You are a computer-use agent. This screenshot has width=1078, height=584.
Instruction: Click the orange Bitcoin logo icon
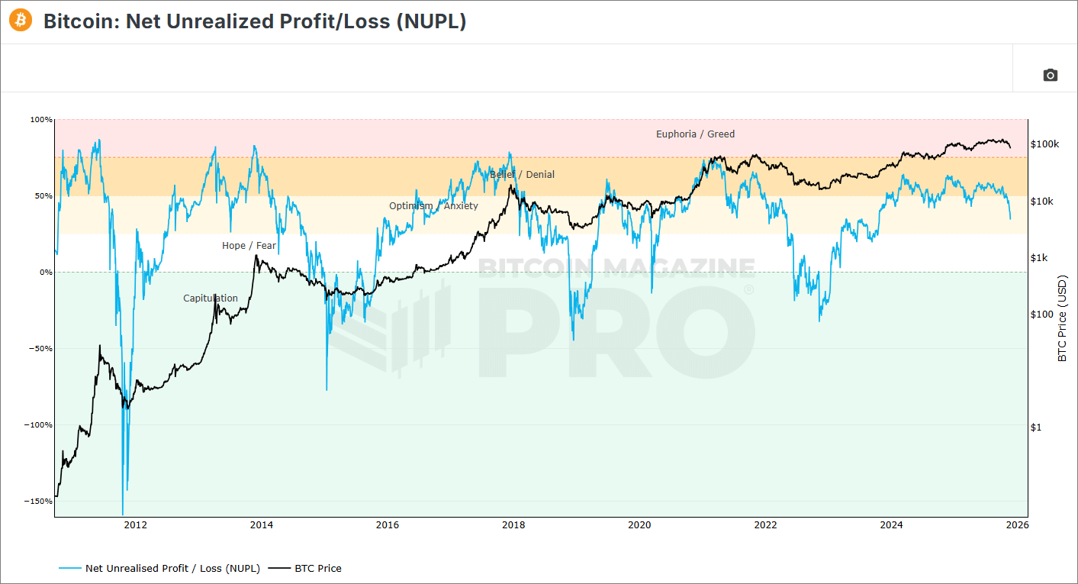tap(21, 21)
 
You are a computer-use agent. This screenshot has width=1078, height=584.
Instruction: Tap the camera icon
tap(1051, 75)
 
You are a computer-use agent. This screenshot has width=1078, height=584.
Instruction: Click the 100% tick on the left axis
tap(42, 120)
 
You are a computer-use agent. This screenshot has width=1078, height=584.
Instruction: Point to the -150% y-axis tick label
tap(40, 502)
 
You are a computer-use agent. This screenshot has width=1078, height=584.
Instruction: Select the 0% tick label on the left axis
tap(46, 273)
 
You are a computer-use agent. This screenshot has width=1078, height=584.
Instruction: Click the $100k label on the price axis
tap(1044, 144)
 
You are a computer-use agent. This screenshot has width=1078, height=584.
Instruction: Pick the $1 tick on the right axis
tap(1035, 428)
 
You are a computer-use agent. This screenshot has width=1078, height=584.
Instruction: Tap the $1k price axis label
tap(1039, 258)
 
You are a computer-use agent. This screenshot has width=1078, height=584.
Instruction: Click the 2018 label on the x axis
tap(513, 525)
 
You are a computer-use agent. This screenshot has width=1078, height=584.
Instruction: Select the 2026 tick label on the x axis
tap(1017, 525)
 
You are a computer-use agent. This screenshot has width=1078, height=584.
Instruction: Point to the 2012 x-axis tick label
tap(136, 525)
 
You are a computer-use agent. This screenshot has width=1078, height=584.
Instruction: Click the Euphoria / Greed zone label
tap(695, 134)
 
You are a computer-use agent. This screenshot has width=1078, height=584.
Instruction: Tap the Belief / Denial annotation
tap(523, 175)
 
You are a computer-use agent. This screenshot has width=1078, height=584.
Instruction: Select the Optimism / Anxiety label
tap(433, 206)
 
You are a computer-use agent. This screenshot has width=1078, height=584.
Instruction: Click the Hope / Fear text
tap(249, 246)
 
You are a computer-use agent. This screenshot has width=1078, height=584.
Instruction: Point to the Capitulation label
tap(211, 298)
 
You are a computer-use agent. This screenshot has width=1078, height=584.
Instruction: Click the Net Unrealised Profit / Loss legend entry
tap(172, 569)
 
